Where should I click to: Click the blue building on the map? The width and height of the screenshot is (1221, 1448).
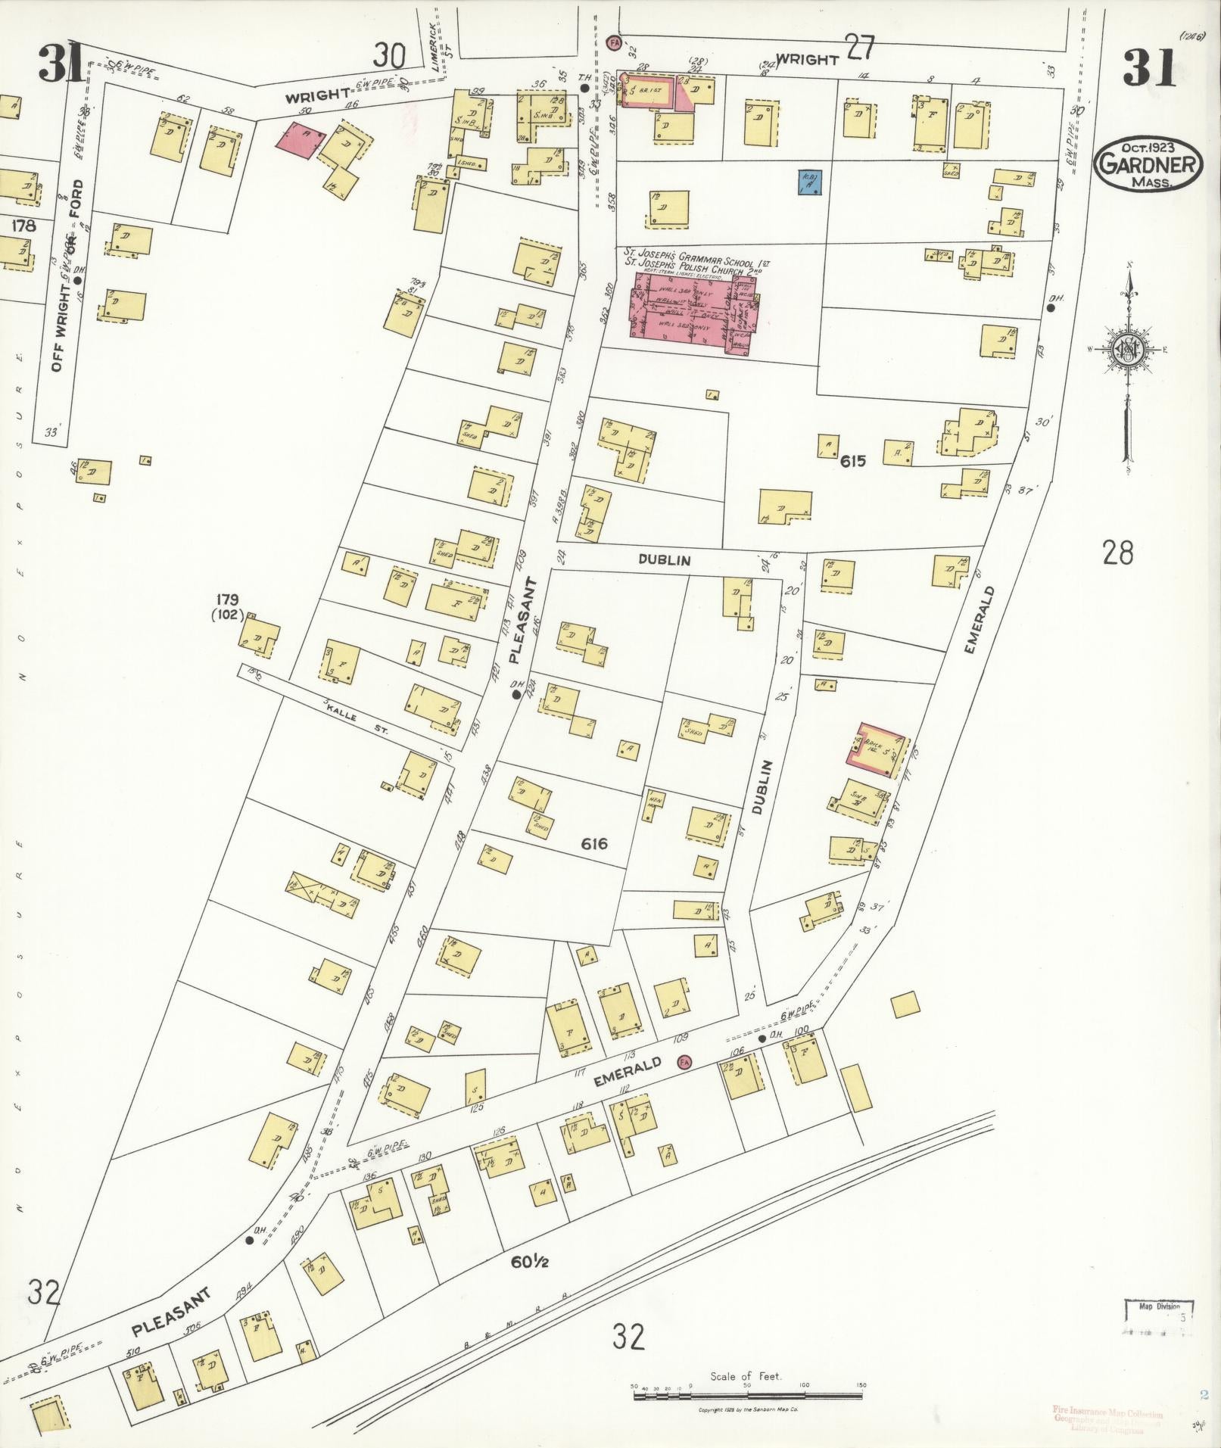(810, 182)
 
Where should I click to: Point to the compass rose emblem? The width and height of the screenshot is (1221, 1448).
(1126, 350)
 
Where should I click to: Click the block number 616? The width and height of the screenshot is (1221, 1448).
(595, 843)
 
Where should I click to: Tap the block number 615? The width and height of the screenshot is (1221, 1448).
(852, 461)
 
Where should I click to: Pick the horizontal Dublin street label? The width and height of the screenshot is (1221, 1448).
(665, 560)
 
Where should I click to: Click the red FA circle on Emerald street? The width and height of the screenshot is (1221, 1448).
(684, 1063)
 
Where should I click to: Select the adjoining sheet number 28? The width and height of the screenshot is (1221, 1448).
(1117, 553)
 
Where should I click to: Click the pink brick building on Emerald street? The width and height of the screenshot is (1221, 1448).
(877, 749)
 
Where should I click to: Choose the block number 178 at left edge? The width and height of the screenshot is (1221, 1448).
(24, 225)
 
